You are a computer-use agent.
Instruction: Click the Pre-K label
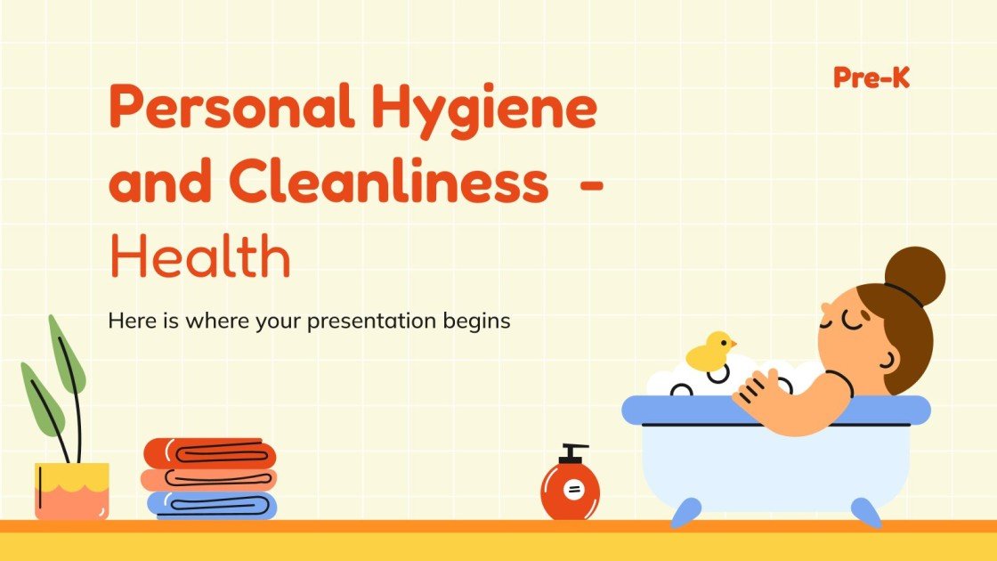tap(871, 78)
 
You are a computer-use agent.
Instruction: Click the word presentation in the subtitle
tap(374, 321)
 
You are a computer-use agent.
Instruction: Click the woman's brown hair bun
tap(915, 276)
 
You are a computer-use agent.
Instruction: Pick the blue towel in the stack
tap(212, 505)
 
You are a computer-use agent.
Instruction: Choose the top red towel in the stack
tap(210, 453)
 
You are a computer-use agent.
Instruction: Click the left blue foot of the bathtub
tap(685, 513)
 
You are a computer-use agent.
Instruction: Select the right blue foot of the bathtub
tap(865, 511)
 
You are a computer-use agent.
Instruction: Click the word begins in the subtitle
tap(477, 321)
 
